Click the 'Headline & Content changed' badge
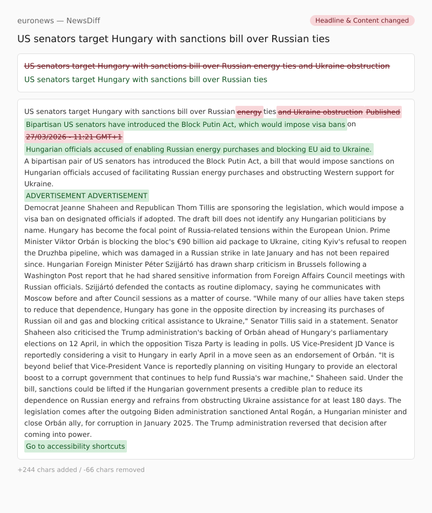coord(362,21)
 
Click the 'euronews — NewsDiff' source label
coord(58,21)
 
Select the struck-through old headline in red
coord(207,66)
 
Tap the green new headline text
coord(146,79)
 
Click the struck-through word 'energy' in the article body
coord(249,112)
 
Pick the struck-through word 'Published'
coord(383,112)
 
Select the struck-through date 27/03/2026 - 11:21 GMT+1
coord(74,137)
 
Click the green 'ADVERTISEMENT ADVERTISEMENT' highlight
coord(86,195)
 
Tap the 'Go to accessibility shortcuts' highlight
coord(76,446)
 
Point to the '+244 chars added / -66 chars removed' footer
coord(81,470)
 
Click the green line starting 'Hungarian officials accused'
coord(199,149)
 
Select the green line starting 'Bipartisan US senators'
coord(185,124)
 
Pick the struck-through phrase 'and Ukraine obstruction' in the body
coord(320,112)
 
